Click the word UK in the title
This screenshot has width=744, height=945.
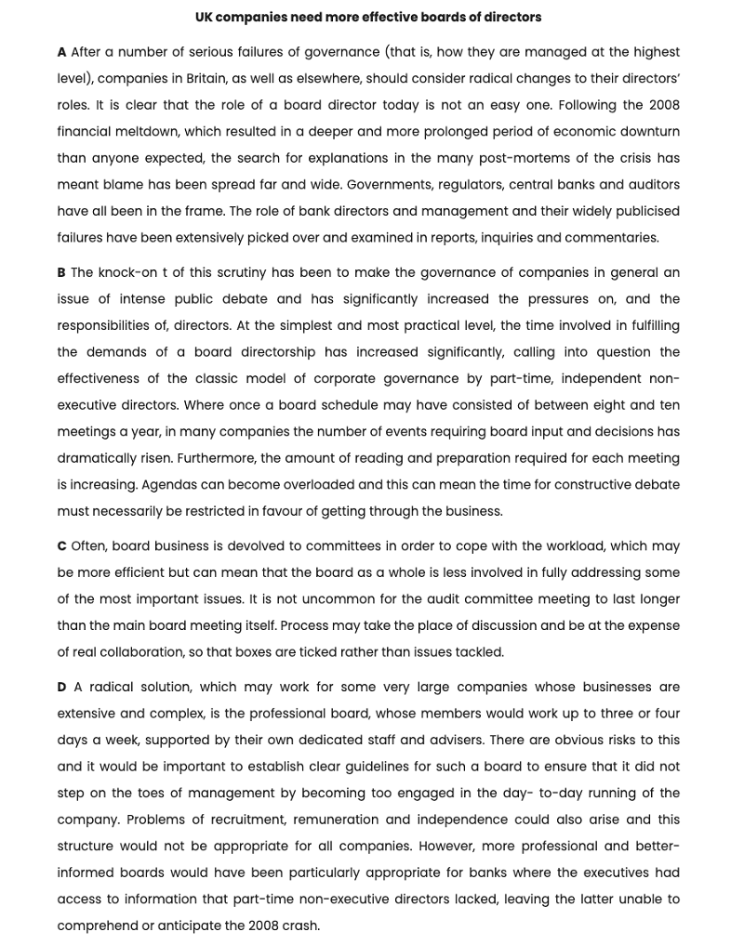click(x=204, y=18)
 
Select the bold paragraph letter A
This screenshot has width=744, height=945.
click(x=61, y=53)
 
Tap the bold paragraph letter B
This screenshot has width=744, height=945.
click(x=61, y=273)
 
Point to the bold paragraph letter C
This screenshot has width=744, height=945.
click(x=61, y=546)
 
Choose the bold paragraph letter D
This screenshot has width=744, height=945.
click(x=61, y=688)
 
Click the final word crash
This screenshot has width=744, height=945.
click(x=298, y=925)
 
